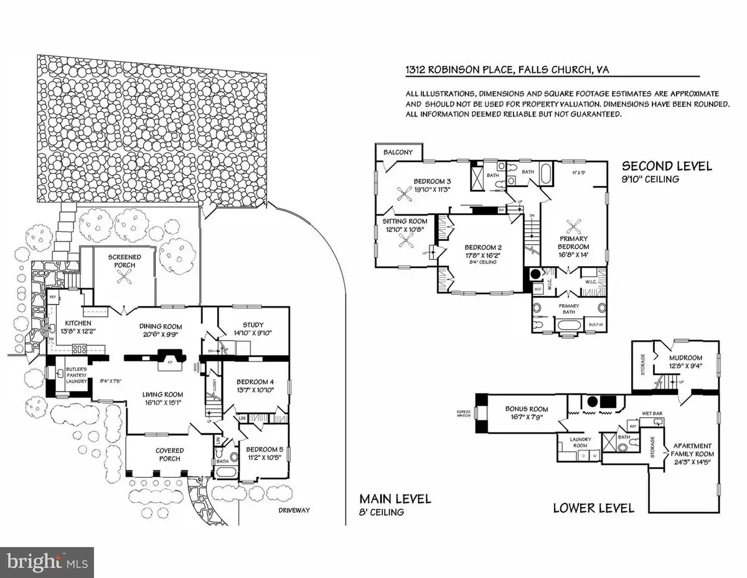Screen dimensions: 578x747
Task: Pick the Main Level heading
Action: (385, 500)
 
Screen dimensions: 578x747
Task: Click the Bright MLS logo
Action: (47, 562)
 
